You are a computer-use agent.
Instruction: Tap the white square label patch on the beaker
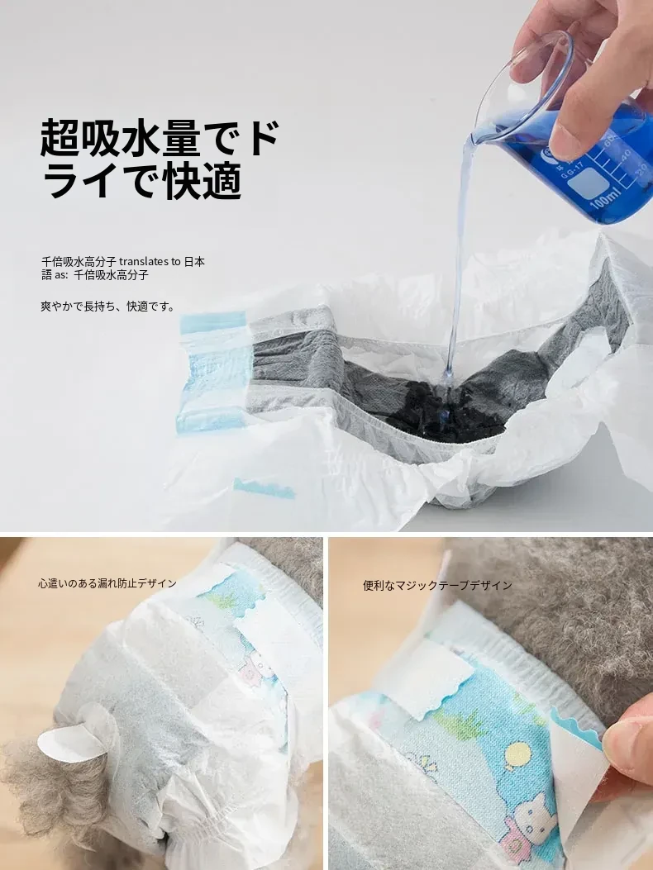coord(585,185)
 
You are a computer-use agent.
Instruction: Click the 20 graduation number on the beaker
coord(643,169)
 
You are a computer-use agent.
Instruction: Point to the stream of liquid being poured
coord(459,261)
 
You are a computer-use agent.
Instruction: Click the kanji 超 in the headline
coord(60,137)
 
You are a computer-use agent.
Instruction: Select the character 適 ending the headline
coord(222,180)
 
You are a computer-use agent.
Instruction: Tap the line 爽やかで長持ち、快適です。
coord(108,306)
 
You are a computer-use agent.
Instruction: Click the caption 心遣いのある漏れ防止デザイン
coord(107,583)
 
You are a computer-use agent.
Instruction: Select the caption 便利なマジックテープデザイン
coord(437,585)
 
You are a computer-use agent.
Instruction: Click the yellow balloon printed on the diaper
coord(517,756)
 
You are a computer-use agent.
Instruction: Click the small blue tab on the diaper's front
coord(264,487)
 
